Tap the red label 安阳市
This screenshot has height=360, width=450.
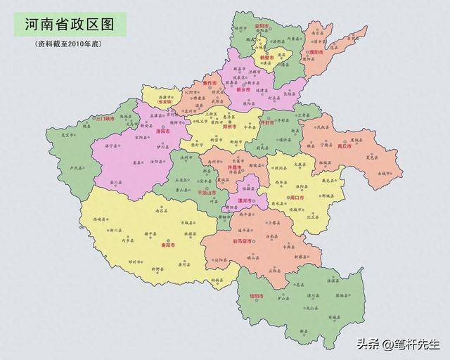pos(261,26)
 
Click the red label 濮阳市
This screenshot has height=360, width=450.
pos(314,52)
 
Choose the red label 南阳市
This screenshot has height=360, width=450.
pos(168,246)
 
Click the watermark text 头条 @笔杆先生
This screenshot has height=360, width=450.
pos(398,345)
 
